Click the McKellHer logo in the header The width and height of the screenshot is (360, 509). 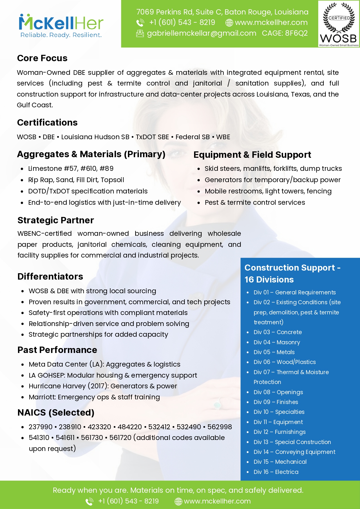pyautogui.click(x=61, y=23)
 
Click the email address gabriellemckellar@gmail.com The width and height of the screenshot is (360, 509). pyautogui.click(x=202, y=33)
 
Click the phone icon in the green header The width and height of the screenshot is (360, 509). pyautogui.click(x=140, y=23)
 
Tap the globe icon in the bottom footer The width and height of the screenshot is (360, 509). pyautogui.click(x=178, y=501)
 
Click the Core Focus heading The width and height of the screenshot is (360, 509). pyautogui.click(x=42, y=58)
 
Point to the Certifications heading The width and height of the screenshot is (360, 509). pyautogui.click(x=47, y=123)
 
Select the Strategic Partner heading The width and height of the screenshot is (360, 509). pyautogui.click(x=56, y=220)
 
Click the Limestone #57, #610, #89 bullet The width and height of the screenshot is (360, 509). pyautogui.click(x=71, y=169)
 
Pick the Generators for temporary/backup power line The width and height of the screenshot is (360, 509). pyautogui.click(x=272, y=180)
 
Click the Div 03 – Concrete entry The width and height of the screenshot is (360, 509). pyautogui.click(x=278, y=332)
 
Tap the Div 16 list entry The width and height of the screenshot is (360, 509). pyautogui.click(x=276, y=472)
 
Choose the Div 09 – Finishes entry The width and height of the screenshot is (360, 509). pyautogui.click(x=276, y=402)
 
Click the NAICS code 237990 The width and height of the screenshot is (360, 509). pyautogui.click(x=41, y=427)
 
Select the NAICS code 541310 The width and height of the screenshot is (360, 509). pyautogui.click(x=39, y=438)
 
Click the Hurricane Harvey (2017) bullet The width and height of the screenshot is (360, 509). pyautogui.click(x=103, y=386)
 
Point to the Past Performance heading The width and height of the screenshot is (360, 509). pyautogui.click(x=57, y=350)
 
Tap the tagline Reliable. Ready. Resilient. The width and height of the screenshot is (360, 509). pyautogui.click(x=61, y=35)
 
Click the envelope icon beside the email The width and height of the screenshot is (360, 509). pyautogui.click(x=140, y=34)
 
